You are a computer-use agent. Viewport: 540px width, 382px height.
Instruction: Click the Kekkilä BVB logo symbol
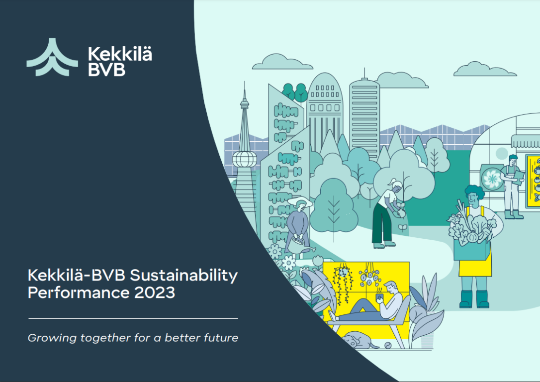coord(52,57)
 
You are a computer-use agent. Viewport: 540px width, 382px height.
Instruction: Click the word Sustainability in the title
coord(184,276)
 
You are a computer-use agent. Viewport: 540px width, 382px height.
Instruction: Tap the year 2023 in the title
coord(155,293)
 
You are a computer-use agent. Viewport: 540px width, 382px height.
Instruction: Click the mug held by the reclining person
coord(380,297)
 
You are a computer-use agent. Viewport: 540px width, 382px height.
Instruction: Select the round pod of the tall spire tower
coord(245,159)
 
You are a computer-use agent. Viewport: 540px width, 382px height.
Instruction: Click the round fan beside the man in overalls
coord(492,178)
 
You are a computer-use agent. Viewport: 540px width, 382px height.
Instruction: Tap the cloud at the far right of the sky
coord(485,69)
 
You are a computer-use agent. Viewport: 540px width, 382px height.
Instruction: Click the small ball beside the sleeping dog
coord(388,345)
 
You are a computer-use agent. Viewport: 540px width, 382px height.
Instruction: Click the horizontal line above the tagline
coord(133,319)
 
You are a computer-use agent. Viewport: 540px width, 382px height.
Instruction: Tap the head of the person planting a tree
coord(396,187)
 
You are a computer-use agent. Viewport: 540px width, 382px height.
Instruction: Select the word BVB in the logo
coord(106,70)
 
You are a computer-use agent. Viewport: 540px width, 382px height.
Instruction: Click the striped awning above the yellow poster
coord(526,141)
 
